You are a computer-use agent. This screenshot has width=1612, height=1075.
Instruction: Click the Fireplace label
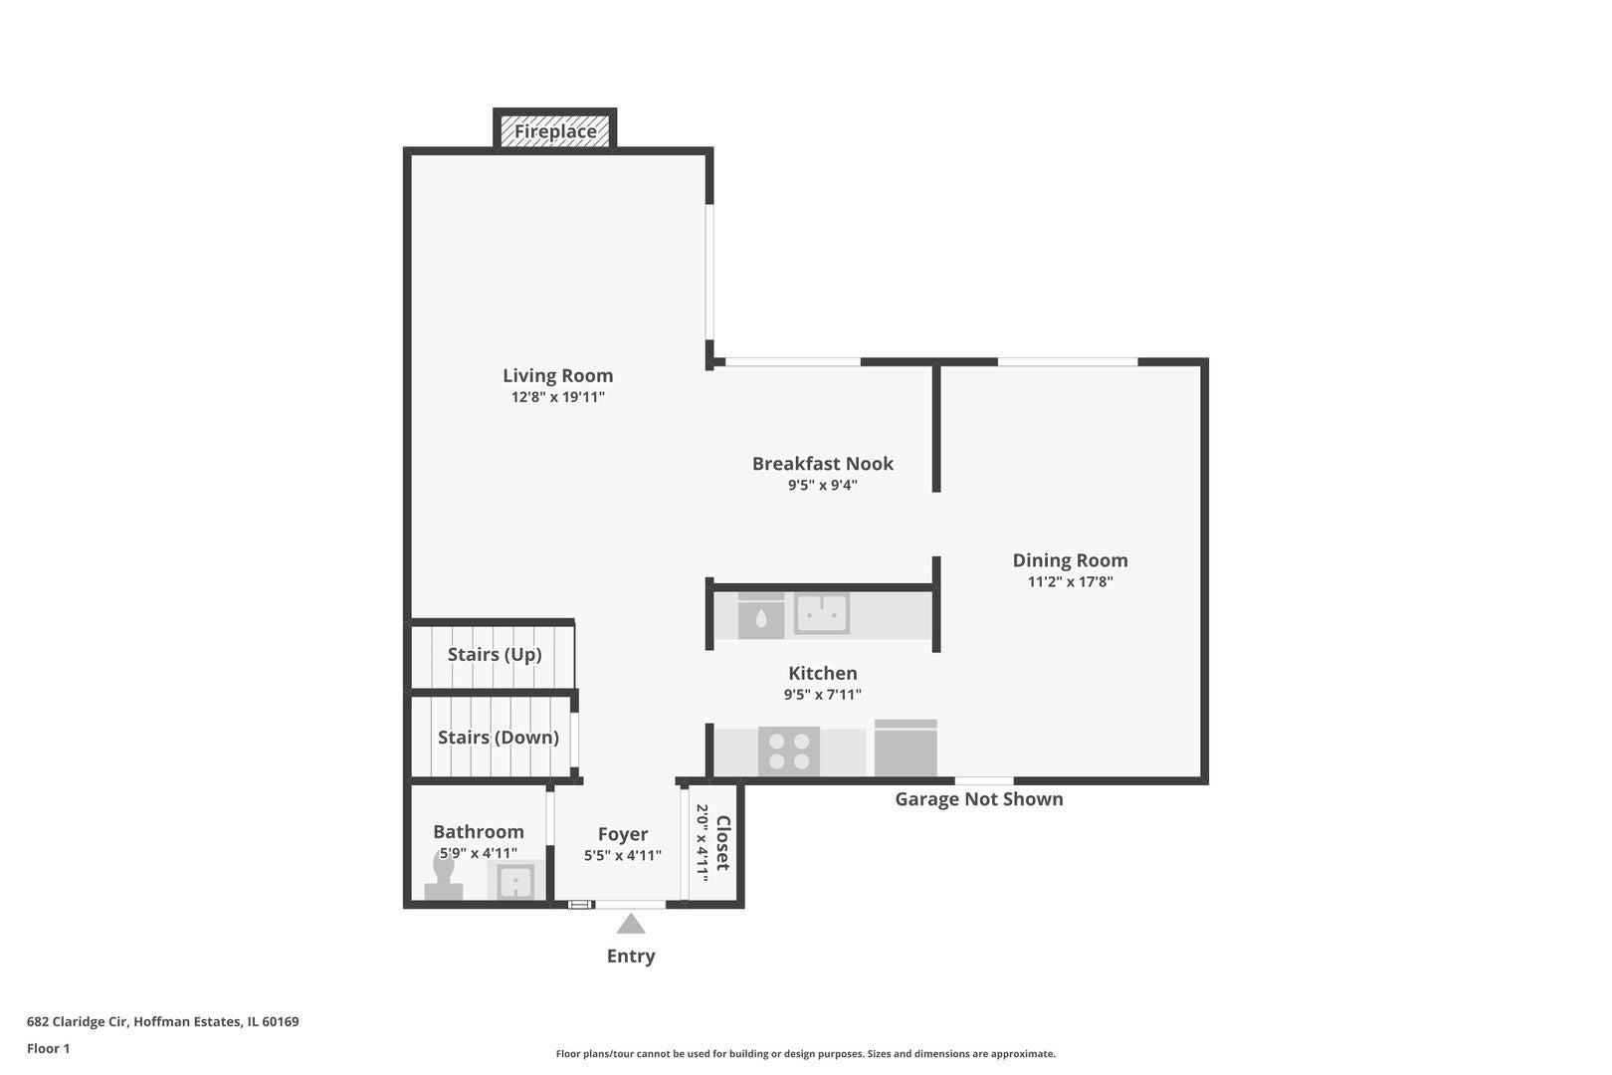(x=555, y=131)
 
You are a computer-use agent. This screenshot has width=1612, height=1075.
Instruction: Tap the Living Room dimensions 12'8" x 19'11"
(x=557, y=397)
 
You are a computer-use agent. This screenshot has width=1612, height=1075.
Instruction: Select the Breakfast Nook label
(x=823, y=464)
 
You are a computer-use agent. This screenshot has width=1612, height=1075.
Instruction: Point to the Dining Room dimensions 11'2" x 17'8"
(x=1070, y=581)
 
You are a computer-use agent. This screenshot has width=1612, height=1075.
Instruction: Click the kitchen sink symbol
(x=822, y=613)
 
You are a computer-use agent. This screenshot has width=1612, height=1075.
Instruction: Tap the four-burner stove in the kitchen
(x=789, y=751)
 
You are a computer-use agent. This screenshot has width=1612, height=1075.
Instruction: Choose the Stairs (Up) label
(x=495, y=655)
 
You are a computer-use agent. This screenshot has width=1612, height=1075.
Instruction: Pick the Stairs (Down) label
(x=498, y=738)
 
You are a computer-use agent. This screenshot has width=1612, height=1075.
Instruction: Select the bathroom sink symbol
(x=515, y=881)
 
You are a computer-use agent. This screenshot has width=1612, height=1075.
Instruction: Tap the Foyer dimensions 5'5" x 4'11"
(x=623, y=855)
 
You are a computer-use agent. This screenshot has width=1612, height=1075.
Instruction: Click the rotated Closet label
(x=723, y=842)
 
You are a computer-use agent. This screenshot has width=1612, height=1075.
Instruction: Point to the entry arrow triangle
(x=631, y=924)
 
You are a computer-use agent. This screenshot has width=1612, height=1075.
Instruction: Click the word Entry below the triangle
(x=631, y=957)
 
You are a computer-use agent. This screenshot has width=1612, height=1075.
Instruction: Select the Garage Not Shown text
(x=979, y=799)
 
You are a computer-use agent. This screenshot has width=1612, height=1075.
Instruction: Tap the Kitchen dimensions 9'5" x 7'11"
(x=823, y=695)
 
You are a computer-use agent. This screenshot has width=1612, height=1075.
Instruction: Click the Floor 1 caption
(x=48, y=1048)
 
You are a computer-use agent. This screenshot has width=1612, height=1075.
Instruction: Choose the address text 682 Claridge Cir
(x=77, y=1021)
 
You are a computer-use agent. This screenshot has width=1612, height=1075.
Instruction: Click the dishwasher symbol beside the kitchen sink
(x=760, y=616)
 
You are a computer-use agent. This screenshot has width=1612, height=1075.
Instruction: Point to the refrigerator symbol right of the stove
(x=906, y=749)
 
